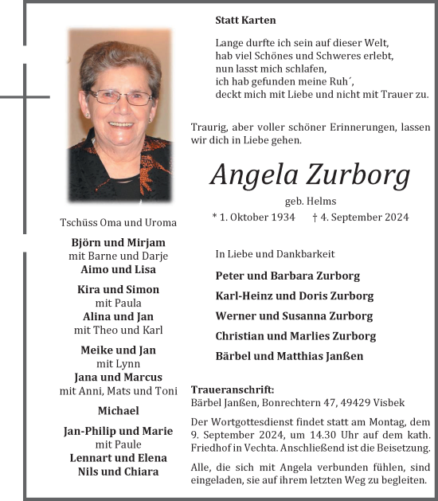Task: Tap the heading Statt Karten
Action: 245,19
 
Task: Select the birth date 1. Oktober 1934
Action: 253,217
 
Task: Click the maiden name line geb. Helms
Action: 310,201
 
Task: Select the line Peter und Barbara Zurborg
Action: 287,276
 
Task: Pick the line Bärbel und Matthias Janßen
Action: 289,356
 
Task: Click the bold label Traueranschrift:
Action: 233,389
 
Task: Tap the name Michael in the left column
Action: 118,410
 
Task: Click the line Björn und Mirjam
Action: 118,242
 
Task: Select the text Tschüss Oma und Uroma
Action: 118,222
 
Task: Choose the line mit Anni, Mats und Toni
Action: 118,390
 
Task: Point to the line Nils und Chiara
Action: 118,472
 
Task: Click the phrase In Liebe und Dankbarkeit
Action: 275,254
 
